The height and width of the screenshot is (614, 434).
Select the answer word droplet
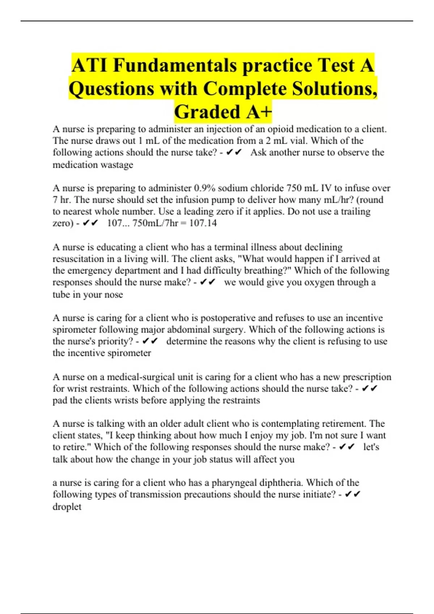tap(67, 506)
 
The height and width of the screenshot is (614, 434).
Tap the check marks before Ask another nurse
tap(234, 152)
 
